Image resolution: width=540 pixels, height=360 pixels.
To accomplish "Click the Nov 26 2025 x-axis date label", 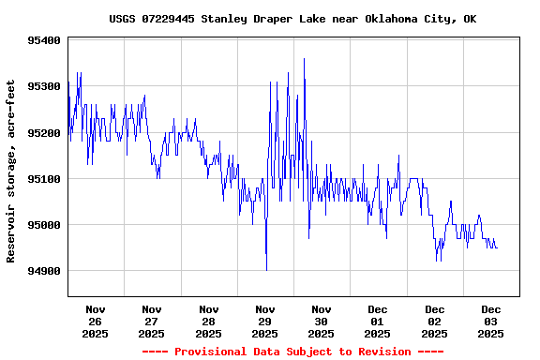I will pyautogui.click(x=95, y=321).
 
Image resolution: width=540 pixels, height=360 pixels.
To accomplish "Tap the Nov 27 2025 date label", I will pyautogui.click(x=151, y=321).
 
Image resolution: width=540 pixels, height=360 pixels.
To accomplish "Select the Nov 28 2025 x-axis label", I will pyautogui.click(x=208, y=321).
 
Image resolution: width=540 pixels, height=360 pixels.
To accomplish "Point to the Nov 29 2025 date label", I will pyautogui.click(x=264, y=321).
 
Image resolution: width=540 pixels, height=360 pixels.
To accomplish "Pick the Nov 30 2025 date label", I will pyautogui.click(x=322, y=321).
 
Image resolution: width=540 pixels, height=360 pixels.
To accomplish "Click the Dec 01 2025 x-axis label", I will pyautogui.click(x=378, y=321).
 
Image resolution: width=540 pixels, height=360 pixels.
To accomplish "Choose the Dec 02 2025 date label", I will pyautogui.click(x=434, y=321).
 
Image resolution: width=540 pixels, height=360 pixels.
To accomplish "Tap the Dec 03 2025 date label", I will pyautogui.click(x=491, y=321).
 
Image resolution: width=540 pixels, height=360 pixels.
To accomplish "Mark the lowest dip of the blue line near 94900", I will pyautogui.click(x=267, y=270).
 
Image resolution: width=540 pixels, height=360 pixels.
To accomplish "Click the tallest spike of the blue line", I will pyautogui.click(x=304, y=59).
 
